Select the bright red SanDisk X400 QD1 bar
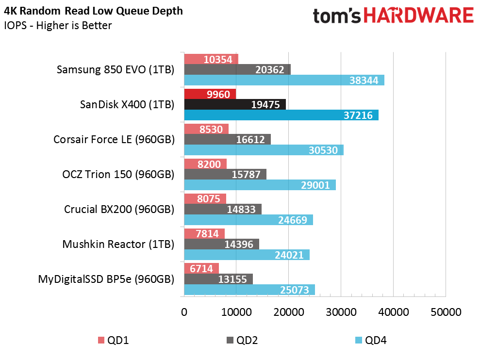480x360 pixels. coord(210,94)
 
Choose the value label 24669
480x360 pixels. coord(292,220)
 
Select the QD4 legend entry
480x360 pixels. coord(371,340)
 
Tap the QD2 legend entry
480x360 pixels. coord(242,340)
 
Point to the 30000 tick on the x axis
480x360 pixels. coord(341,312)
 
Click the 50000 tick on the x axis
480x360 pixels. coord(445,312)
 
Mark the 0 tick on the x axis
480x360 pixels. coord(184,312)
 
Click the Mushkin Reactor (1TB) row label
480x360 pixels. coord(118,244)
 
